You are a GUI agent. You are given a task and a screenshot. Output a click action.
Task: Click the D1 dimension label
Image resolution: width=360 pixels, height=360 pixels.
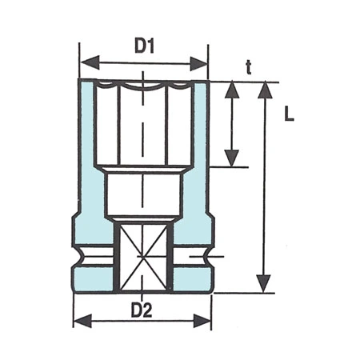pyautogui.click(x=144, y=46)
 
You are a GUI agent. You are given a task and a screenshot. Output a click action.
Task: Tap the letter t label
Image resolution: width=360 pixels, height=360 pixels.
pyautogui.click(x=249, y=69)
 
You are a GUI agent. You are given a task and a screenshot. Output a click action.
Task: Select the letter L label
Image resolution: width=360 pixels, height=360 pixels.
pyautogui.click(x=289, y=114)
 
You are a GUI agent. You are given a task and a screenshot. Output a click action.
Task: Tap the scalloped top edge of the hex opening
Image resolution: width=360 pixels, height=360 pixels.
pyautogui.click(x=144, y=83)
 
